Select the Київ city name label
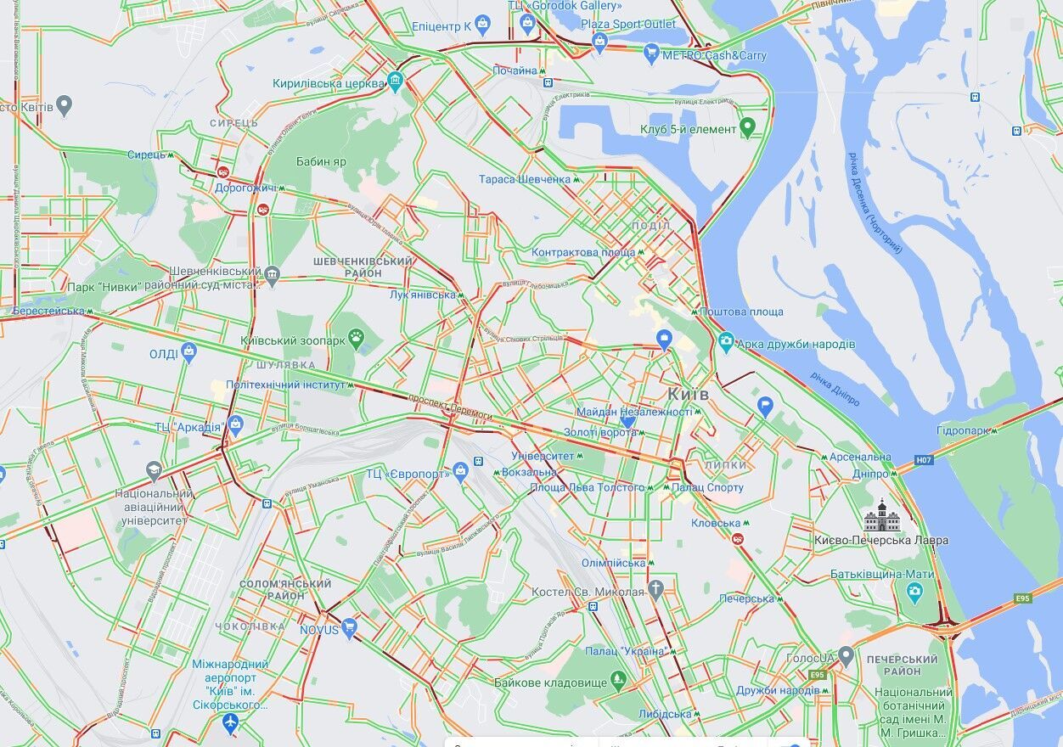[688, 395]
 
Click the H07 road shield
[924, 459]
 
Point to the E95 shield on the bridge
[1022, 598]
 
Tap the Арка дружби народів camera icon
[726, 343]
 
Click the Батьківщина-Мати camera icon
[914, 593]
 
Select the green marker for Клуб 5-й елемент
[748, 128]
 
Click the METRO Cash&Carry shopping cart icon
[651, 54]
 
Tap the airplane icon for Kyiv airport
[229, 724]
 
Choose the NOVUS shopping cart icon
[349, 629]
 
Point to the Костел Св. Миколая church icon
[655, 590]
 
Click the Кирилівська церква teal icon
[395, 82]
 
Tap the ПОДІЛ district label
[651, 226]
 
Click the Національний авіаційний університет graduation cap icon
[153, 472]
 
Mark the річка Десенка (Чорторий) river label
[874, 203]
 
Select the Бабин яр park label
[321, 161]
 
